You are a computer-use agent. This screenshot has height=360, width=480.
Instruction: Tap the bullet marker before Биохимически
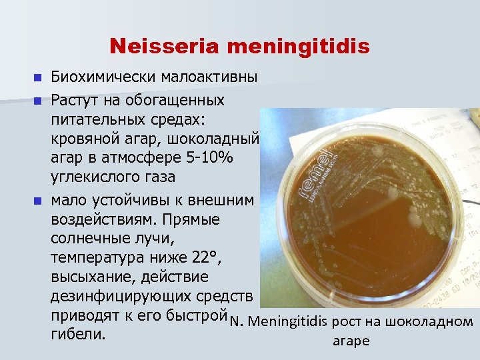[x=37, y=77]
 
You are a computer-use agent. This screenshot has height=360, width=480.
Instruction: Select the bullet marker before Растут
[x=37, y=101]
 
